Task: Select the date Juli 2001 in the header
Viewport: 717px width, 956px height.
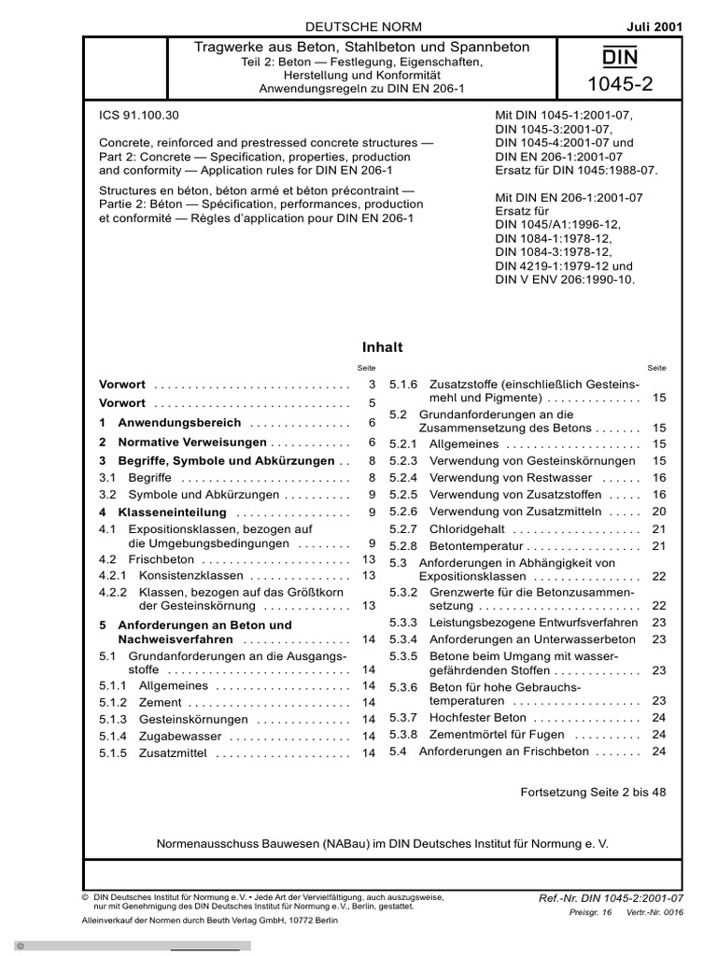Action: point(654,27)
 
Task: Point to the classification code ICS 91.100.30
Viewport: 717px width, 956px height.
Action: point(139,116)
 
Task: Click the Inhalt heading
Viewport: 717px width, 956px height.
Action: point(383,347)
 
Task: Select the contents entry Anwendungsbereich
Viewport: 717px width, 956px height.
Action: point(179,423)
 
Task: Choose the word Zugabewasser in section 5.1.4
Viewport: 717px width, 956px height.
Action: point(180,737)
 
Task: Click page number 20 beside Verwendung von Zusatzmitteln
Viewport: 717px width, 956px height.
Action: point(658,512)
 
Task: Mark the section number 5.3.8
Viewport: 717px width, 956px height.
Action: point(403,735)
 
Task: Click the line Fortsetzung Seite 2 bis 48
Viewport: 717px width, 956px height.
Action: point(593,792)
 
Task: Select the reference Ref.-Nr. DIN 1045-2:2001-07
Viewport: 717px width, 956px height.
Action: point(611,898)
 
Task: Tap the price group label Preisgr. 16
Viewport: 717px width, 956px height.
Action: point(589,912)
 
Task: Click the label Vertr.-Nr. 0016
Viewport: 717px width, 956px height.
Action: point(654,912)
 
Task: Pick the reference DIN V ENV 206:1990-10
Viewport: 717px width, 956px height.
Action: point(566,278)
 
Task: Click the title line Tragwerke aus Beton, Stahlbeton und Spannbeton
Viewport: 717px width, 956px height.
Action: point(361,47)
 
